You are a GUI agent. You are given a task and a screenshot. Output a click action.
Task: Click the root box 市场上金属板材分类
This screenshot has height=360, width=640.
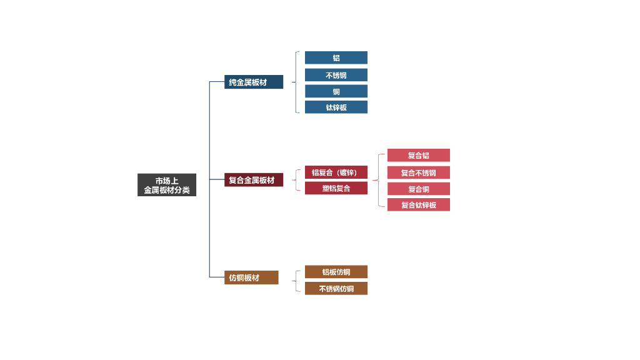(167, 185)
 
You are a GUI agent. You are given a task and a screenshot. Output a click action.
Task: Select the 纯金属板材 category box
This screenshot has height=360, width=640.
(254, 82)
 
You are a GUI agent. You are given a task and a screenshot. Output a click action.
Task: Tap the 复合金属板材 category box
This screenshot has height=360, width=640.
(254, 180)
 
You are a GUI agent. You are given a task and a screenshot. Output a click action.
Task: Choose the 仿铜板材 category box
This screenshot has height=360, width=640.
(251, 277)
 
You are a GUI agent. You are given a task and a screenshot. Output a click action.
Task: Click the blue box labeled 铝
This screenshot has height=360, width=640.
(336, 57)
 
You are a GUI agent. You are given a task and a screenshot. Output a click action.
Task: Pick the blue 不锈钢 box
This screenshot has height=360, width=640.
(336, 75)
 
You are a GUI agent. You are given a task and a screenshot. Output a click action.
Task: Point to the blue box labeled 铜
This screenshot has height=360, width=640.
(336, 91)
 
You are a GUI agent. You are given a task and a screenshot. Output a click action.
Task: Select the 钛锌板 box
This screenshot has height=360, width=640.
(336, 107)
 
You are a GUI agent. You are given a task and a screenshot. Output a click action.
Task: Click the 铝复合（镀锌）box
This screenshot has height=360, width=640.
(336, 172)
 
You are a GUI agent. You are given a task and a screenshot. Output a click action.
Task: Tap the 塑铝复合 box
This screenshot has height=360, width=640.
(336, 188)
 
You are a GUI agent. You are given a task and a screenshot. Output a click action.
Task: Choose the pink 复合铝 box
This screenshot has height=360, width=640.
(419, 155)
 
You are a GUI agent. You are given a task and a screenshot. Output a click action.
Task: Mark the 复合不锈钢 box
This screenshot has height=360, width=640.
(419, 172)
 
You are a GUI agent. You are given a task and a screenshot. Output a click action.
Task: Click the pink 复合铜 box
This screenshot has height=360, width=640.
(419, 189)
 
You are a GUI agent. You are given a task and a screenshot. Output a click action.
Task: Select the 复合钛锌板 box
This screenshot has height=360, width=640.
(419, 205)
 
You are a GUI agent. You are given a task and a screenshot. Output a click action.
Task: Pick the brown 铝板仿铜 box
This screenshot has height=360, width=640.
(336, 272)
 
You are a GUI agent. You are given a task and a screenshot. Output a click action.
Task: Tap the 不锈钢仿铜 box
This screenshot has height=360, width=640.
(336, 289)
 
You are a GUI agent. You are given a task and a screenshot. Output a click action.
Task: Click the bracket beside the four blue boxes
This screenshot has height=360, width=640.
(296, 82)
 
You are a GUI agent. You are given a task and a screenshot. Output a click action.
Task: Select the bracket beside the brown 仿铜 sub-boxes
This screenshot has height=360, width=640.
(296, 280)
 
